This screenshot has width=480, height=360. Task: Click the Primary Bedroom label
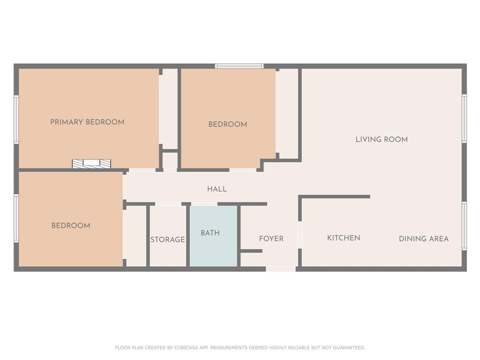87,122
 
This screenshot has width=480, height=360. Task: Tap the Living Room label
382,140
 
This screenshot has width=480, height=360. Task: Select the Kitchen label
344,238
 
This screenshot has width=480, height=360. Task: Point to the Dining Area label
424,239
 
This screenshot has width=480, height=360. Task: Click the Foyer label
271,239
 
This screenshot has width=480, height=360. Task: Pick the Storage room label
167,240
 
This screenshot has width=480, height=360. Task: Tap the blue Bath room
213,236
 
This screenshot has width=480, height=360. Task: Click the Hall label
217,189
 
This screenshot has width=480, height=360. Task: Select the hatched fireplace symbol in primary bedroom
91,164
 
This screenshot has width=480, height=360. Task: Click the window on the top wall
239,66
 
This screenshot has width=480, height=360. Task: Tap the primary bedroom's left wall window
16,119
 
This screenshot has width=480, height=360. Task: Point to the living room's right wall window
464,119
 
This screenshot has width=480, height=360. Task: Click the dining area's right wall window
464,226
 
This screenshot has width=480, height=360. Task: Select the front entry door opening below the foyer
281,269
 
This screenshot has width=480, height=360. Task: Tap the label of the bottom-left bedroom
71,225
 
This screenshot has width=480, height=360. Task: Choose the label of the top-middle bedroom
227,124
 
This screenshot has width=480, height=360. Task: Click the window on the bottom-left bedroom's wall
16,218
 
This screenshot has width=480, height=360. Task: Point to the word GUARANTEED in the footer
349,348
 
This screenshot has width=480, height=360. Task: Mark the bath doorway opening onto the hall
204,204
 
